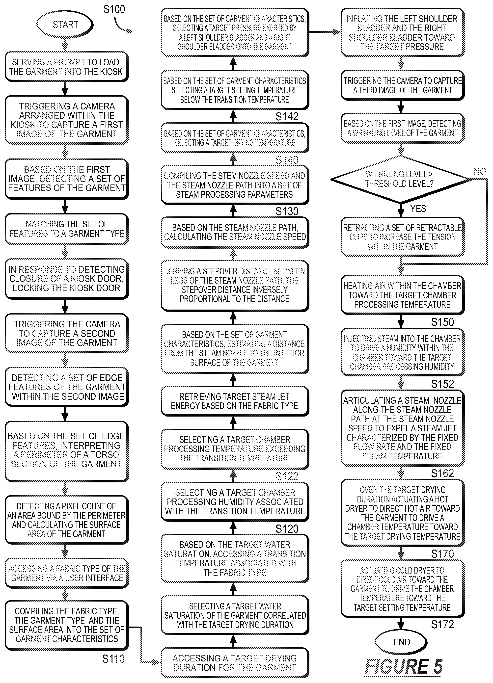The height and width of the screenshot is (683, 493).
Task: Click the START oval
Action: [65, 24]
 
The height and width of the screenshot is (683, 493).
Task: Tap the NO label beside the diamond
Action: [480, 171]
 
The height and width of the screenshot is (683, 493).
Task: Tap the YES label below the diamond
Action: [418, 209]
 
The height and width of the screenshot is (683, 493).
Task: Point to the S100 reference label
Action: [114, 9]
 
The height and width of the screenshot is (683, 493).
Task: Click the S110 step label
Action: [113, 659]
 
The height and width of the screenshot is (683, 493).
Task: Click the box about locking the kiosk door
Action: [67, 279]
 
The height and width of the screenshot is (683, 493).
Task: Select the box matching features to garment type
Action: [67, 229]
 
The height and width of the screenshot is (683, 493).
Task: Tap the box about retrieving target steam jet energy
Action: [235, 401]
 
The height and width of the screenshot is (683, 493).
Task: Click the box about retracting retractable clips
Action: [402, 237]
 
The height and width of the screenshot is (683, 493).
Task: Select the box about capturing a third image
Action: [402, 85]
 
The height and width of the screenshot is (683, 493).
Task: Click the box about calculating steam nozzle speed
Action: [235, 232]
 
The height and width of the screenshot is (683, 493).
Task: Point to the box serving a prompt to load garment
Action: [67, 67]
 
